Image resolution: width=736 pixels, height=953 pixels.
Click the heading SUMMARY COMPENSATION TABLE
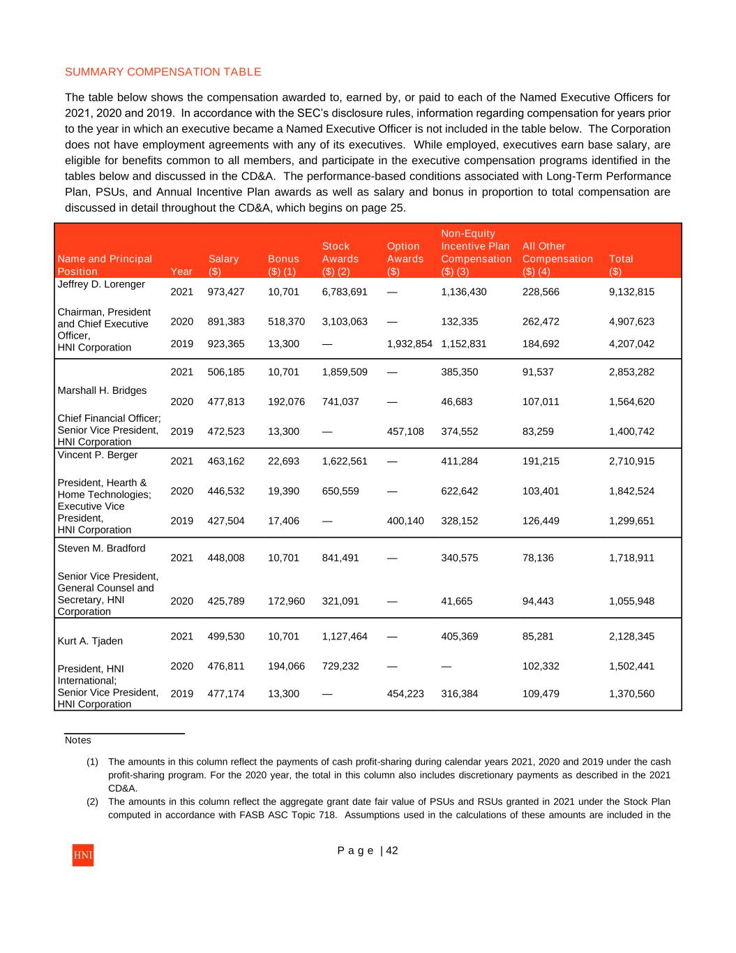click(163, 72)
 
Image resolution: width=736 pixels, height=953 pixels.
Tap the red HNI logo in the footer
click(82, 855)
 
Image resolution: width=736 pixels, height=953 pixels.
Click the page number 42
click(392, 850)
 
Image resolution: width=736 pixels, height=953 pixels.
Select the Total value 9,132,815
click(631, 292)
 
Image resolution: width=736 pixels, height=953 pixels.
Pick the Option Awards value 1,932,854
click(410, 343)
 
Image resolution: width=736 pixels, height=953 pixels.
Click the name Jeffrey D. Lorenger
click(101, 284)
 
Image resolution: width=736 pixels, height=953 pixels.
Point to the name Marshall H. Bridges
click(102, 390)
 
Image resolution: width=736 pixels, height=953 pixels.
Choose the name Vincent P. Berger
click(98, 455)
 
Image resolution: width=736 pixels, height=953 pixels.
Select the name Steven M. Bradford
click(101, 548)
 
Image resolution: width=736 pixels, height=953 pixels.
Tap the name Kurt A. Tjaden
click(90, 641)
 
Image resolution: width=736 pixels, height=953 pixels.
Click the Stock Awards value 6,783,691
click(345, 292)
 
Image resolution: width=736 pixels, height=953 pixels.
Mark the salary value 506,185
click(226, 372)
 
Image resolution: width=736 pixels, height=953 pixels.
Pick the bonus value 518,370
click(286, 322)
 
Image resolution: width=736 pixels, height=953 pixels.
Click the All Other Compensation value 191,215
click(541, 461)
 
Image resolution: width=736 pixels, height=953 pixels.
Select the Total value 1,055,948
click(631, 601)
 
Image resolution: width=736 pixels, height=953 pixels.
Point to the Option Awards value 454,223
click(405, 694)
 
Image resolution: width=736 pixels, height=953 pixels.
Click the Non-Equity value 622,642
click(460, 492)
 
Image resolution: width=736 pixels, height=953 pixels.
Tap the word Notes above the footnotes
click(78, 740)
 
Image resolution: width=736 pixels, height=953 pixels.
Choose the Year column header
click(181, 272)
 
